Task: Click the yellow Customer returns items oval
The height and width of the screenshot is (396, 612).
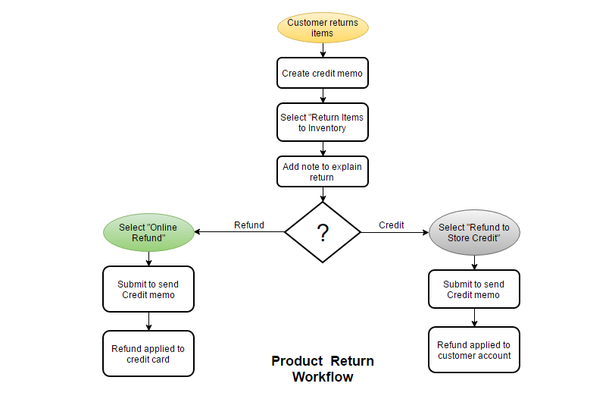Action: pos(323,27)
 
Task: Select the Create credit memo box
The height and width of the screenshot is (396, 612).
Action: pos(323,73)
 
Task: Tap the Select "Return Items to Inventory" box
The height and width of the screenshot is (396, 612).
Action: pos(323,122)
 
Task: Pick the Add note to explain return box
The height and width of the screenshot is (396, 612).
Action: pos(323,171)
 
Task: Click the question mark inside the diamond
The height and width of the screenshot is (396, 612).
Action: pos(323,233)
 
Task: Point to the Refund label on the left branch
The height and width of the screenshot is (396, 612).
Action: pos(249,225)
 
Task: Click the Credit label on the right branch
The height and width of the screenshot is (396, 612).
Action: pos(392,225)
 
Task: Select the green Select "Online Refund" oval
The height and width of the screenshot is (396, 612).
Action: pos(148,232)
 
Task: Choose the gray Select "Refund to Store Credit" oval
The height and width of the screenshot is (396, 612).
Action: pos(474,233)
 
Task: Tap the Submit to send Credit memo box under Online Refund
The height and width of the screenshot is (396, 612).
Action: pos(148,289)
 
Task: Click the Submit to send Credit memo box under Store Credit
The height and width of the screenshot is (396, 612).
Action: pos(474,289)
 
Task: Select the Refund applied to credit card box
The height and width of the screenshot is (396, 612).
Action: pos(148,354)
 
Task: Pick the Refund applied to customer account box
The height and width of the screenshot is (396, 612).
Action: pos(474,350)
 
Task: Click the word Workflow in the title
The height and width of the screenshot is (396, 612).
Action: pos(323,377)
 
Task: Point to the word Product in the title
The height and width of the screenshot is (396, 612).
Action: pos(297,361)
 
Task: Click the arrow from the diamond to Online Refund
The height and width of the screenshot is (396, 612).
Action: pos(239,232)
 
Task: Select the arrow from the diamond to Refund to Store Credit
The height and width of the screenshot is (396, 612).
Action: pos(395,233)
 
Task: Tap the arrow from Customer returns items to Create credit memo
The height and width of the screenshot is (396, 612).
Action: pos(323,50)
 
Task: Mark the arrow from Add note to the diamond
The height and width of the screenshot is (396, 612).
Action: pos(323,194)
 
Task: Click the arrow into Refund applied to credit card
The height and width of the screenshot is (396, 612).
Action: pos(148,322)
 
